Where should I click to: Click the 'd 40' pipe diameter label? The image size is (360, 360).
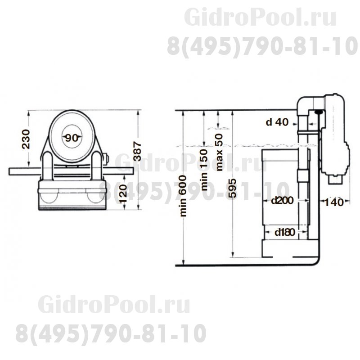(x=277, y=121)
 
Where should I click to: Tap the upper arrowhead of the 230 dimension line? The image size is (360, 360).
(x=28, y=112)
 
